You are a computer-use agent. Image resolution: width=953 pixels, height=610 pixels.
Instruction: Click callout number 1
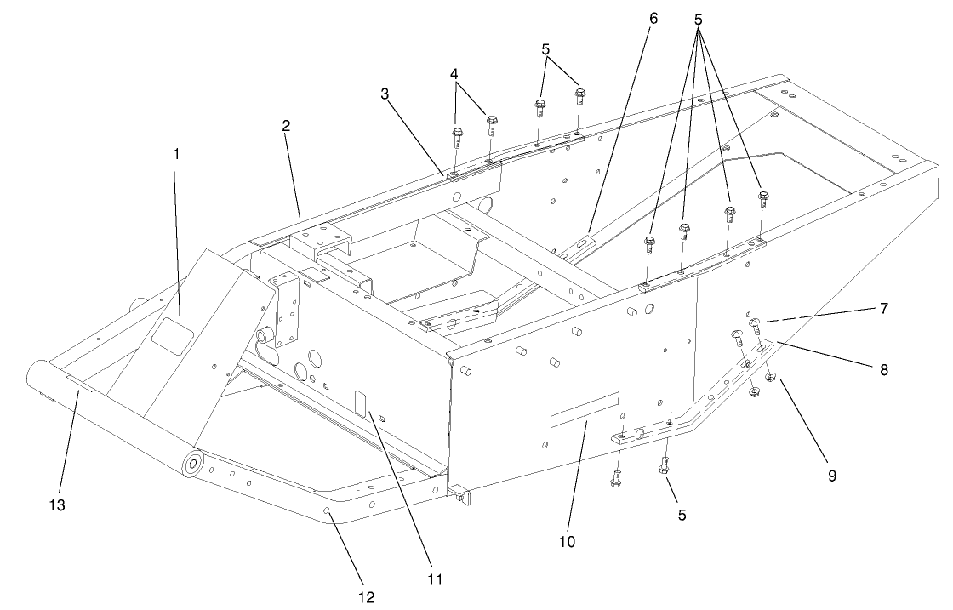coord(176,154)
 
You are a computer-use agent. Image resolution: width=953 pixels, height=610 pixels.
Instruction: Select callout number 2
coord(287,125)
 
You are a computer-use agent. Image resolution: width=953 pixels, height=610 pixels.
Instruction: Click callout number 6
coord(652,18)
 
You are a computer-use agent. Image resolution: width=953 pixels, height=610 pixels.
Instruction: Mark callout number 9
coord(831,476)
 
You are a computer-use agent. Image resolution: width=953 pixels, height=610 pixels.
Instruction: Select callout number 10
coord(568,540)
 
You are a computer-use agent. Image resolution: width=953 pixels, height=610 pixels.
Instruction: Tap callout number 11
coord(435,579)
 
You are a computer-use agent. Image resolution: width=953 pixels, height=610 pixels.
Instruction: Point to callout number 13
coord(58,505)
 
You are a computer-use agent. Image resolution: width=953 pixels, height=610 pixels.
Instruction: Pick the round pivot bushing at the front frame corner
coord(191,464)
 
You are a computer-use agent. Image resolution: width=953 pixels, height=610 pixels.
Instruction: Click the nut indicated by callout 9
coord(769,376)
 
